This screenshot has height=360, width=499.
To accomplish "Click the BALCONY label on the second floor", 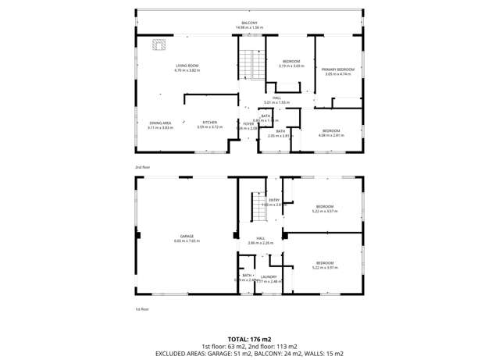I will pyautogui.click(x=249, y=23).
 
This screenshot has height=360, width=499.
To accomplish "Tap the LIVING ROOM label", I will pyautogui.click(x=187, y=66).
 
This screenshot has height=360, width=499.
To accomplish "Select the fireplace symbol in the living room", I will pyautogui.click(x=159, y=45).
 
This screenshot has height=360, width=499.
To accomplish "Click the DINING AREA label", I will pyautogui.click(x=160, y=123).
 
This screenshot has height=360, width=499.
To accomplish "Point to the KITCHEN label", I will pyautogui.click(x=209, y=123).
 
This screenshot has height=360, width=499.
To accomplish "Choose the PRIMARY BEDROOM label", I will pyautogui.click(x=338, y=70).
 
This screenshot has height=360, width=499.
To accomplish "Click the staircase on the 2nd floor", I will pyautogui.click(x=251, y=62).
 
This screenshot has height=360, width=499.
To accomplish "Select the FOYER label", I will pyautogui.click(x=248, y=123).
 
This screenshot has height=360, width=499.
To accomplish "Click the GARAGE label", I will pyautogui.click(x=187, y=236).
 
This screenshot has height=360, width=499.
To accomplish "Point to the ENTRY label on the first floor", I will pyautogui.click(x=274, y=200).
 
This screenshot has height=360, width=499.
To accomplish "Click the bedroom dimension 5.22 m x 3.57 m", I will pyautogui.click(x=324, y=211).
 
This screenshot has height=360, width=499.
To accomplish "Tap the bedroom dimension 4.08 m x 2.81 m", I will pyautogui.click(x=330, y=135).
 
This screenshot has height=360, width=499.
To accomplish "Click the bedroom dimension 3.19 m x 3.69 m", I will pyautogui.click(x=290, y=66).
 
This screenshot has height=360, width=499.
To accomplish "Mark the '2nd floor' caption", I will pyautogui.click(x=142, y=167).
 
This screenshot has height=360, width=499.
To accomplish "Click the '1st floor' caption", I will pyautogui.click(x=142, y=309).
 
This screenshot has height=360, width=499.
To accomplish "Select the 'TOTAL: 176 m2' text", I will pyautogui.click(x=249, y=339).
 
